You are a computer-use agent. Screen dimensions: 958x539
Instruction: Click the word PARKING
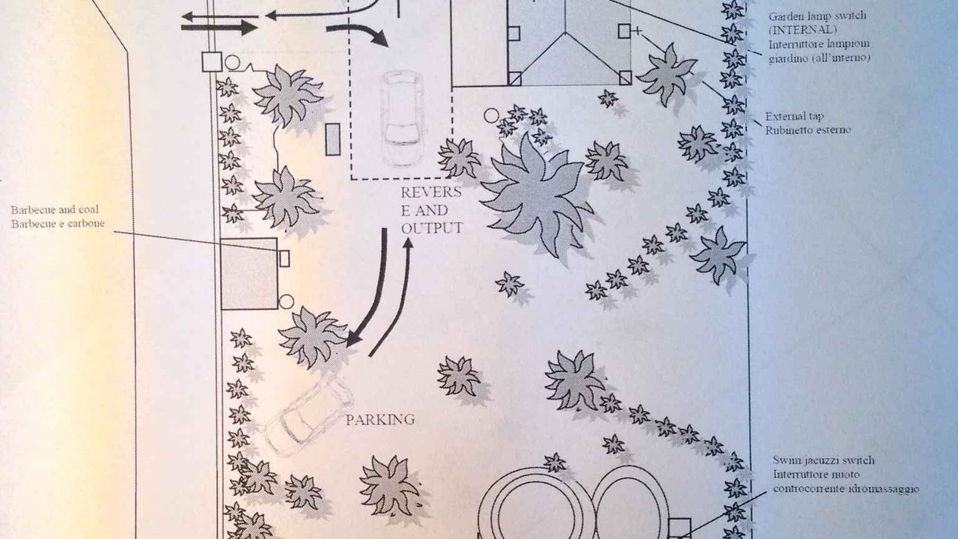pyautogui.click(x=380, y=420)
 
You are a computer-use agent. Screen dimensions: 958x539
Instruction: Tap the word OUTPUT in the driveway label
pyautogui.click(x=432, y=228)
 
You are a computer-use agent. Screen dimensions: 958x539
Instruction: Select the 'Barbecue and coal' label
pyautogui.click(x=55, y=210)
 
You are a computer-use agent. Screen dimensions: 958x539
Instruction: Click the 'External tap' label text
pyautogui.click(x=794, y=116)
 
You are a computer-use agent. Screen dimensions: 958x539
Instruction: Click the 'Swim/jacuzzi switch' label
pyautogui.click(x=824, y=460)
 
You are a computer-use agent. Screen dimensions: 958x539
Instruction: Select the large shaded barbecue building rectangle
pyautogui.click(x=249, y=274)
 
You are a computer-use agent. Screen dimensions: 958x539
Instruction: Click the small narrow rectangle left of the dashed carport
pyautogui.click(x=333, y=139)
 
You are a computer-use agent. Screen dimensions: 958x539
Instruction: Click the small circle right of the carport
pyautogui.click(x=492, y=115)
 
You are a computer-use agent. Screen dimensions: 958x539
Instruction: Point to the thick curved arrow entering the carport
pyautogui.click(x=359, y=32)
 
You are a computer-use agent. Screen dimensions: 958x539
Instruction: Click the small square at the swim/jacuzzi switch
pyautogui.click(x=679, y=529)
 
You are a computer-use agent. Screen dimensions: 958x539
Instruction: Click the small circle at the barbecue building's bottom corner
pyautogui.click(x=286, y=302)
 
